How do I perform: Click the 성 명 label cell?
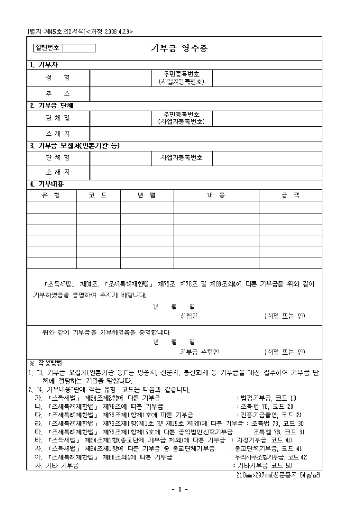(58, 77)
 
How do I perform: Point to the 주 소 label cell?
(58, 94)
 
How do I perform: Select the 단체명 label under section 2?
(58, 117)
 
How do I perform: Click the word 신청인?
(189, 316)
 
